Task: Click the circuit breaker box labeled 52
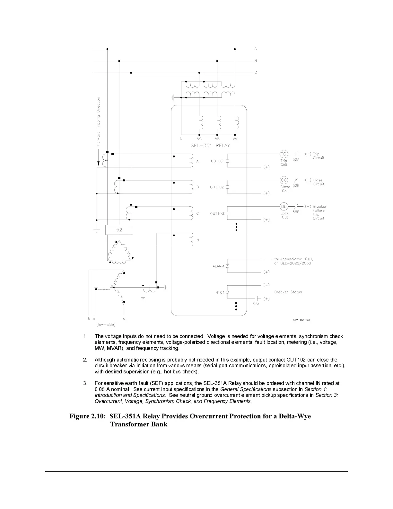[119, 230]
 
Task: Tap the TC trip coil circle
[284, 154]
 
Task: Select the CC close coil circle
[284, 180]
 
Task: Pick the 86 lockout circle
[284, 206]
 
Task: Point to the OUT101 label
[217, 161]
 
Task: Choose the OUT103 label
[217, 214]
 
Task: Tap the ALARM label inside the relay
[218, 266]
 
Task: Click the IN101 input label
[220, 292]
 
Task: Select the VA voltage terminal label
[235, 139]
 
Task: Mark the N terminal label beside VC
[181, 139]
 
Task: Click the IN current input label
[197, 240]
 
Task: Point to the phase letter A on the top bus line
[256, 49]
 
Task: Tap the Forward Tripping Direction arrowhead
[99, 164]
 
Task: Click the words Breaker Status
[288, 292]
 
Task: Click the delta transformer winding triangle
[119, 251]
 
